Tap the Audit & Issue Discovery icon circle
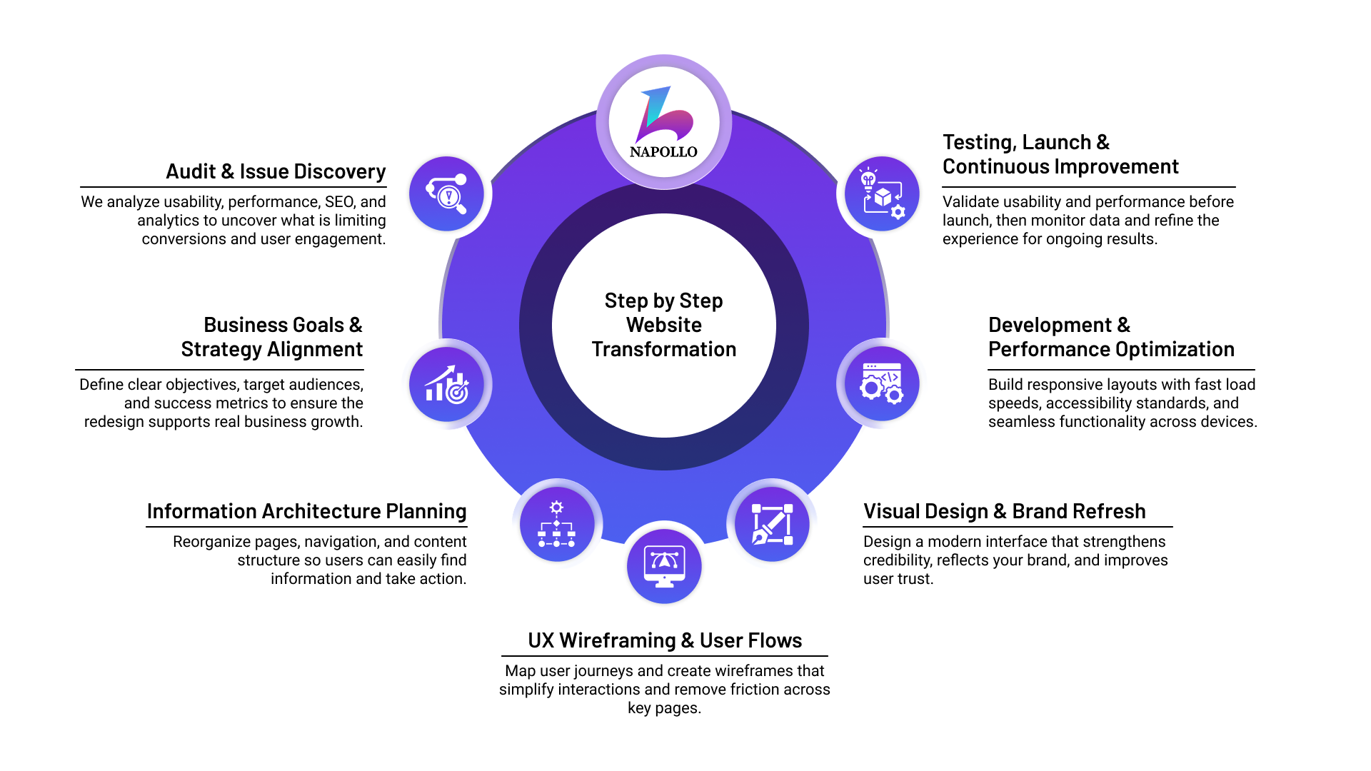[446, 193]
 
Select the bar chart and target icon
[446, 384]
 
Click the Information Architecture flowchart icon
[557, 525]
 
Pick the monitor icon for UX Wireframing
[664, 566]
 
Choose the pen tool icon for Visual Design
[772, 525]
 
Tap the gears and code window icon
[882, 384]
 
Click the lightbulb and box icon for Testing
[882, 193]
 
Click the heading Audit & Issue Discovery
[276, 171]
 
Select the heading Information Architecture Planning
[306, 511]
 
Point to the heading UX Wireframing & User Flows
[665, 640]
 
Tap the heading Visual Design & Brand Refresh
[1004, 511]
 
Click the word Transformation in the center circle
[664, 349]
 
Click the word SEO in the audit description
[340, 202]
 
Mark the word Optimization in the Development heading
[1175, 349]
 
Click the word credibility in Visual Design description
[895, 560]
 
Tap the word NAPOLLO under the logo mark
[663, 151]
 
